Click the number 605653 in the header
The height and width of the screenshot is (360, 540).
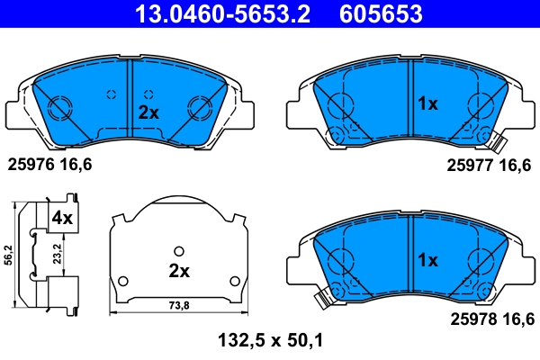click(x=379, y=14)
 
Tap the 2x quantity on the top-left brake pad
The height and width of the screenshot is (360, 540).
click(x=148, y=112)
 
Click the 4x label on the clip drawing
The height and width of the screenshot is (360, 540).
click(x=62, y=217)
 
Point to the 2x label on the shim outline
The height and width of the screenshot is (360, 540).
click(x=179, y=271)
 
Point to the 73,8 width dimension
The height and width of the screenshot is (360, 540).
click(x=181, y=306)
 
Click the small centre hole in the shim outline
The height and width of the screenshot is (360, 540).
click(x=179, y=251)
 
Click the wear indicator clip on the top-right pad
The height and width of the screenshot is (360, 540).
click(x=493, y=141)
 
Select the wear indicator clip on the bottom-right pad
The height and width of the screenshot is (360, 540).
click(x=319, y=299)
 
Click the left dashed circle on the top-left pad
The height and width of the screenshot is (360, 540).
click(x=112, y=94)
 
